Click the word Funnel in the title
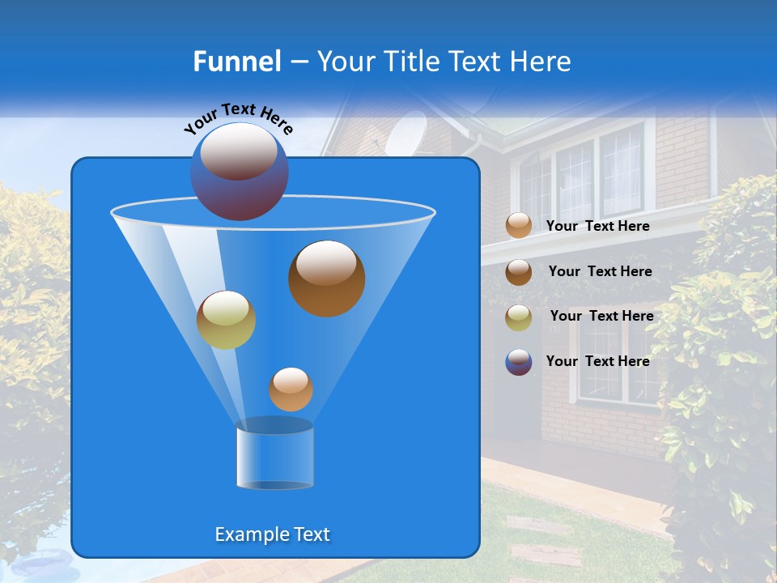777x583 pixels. (x=236, y=62)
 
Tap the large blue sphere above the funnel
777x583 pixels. (x=239, y=171)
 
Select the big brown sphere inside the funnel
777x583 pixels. (x=326, y=278)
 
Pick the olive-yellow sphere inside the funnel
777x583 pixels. (x=226, y=320)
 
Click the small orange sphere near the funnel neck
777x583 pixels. (x=291, y=389)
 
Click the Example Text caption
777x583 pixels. (x=272, y=534)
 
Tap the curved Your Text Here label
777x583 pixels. (x=238, y=118)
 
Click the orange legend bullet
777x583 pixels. (x=519, y=226)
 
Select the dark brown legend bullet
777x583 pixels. (x=519, y=272)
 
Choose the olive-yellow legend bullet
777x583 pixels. (x=519, y=317)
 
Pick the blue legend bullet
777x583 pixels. (x=519, y=362)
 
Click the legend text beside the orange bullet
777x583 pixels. (x=597, y=227)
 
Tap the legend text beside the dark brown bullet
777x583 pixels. (x=600, y=271)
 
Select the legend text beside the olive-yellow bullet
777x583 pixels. (x=601, y=316)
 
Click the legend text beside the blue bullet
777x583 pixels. (x=597, y=361)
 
